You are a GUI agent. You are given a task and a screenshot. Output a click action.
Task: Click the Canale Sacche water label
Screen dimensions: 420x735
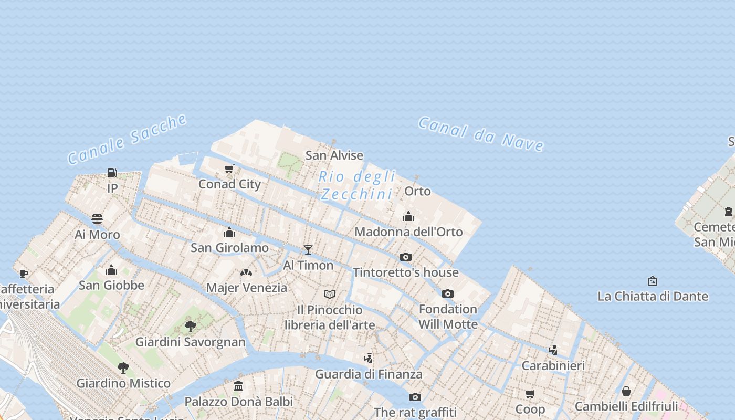[128, 139]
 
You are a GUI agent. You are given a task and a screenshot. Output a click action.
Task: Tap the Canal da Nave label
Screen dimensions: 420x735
[480, 134]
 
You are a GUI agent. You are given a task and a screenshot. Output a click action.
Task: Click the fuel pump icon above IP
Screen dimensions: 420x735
[112, 172]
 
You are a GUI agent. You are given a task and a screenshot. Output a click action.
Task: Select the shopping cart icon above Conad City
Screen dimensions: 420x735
[229, 169]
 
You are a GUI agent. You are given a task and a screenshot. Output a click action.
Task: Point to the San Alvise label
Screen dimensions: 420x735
[334, 155]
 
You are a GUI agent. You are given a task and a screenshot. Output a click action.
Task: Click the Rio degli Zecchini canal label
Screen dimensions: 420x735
[357, 185]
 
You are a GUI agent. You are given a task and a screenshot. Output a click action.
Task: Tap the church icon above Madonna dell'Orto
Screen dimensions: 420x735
[408, 216]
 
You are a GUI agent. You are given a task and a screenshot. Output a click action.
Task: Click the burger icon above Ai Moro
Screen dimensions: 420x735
[97, 218]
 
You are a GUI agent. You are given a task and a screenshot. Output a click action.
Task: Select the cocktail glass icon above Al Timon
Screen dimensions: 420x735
[308, 249]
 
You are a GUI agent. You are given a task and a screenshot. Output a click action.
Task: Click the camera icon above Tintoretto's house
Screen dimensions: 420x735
[406, 257]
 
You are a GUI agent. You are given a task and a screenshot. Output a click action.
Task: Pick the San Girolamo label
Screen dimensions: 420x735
[229, 247]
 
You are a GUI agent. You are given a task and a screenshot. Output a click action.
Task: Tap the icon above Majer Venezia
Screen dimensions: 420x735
[246, 272]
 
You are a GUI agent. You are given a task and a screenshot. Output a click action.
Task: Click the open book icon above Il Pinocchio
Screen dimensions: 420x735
[330, 294]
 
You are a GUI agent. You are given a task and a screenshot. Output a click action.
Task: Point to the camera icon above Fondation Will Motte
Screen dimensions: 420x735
[447, 293]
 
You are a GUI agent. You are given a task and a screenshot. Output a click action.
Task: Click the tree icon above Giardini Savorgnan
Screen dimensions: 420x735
[191, 327]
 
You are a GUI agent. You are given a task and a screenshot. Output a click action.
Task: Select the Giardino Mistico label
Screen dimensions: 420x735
[123, 383]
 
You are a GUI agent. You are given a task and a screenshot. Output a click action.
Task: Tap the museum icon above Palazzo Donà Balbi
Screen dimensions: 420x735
[238, 386]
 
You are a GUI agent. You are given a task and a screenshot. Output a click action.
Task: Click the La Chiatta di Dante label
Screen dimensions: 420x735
[653, 296]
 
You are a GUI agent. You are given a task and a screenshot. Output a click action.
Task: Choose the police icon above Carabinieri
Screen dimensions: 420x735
[553, 350]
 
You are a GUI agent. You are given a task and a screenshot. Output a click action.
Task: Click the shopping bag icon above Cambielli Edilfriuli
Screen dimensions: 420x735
[626, 391]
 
